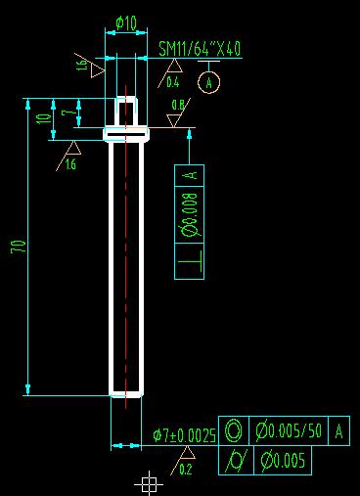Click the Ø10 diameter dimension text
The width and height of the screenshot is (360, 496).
coord(126,22)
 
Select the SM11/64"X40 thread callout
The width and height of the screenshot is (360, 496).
coord(200,49)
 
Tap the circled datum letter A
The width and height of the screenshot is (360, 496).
coord(209,83)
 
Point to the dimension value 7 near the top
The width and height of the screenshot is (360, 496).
coord(66,114)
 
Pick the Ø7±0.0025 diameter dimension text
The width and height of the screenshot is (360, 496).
coord(184,435)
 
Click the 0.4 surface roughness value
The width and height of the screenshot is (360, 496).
coord(173,82)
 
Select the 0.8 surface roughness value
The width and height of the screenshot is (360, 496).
coord(178,105)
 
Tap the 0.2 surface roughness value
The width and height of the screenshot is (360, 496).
coord(186,469)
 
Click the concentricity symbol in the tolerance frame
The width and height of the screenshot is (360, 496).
coord(234,429)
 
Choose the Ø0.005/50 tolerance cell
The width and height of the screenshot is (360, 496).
coord(290,429)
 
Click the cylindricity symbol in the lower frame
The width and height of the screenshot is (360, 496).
coord(235,459)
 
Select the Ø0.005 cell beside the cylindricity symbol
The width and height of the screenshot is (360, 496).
coord(282,459)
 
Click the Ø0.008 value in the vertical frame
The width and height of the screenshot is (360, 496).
coord(191,215)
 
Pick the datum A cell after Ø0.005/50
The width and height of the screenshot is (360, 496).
coord(338,429)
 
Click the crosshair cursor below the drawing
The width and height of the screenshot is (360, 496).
coord(148,482)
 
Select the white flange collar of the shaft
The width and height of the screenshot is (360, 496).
coord(125,134)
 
